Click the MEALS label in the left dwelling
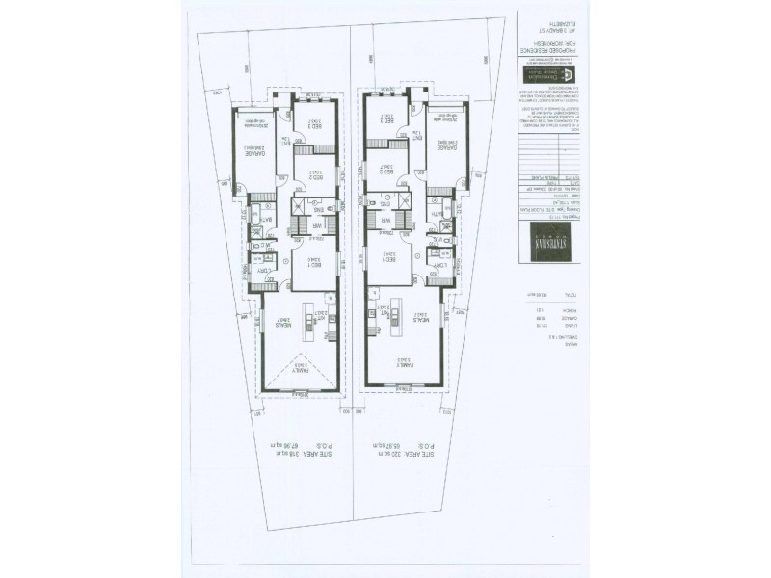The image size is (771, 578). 282,324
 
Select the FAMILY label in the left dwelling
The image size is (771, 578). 297,367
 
